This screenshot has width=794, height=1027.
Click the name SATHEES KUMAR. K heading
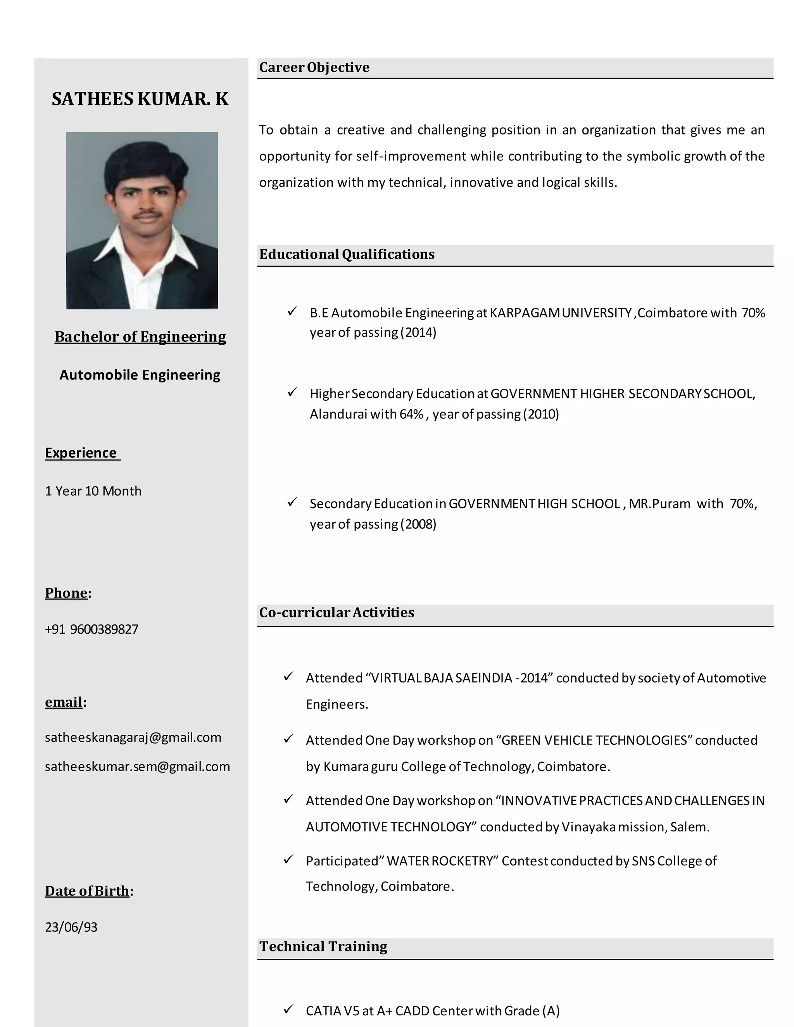[x=140, y=99]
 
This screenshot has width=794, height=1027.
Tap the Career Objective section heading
[x=314, y=68]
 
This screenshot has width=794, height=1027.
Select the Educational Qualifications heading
[x=347, y=254]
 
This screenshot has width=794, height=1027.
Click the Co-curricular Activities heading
[x=336, y=613]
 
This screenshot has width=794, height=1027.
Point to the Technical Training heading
[x=323, y=946]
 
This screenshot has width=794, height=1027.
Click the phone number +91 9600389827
[x=92, y=629]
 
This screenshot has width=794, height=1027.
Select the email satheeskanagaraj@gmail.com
[x=133, y=738]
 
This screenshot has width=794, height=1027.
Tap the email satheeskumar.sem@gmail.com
[x=137, y=767]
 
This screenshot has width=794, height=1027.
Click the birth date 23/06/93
[x=71, y=927]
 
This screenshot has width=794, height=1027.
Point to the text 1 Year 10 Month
[x=93, y=491]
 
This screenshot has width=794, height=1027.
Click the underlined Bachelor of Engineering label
[x=140, y=337]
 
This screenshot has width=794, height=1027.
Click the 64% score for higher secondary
[x=412, y=414]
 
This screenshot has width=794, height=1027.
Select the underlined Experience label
[x=81, y=453]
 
